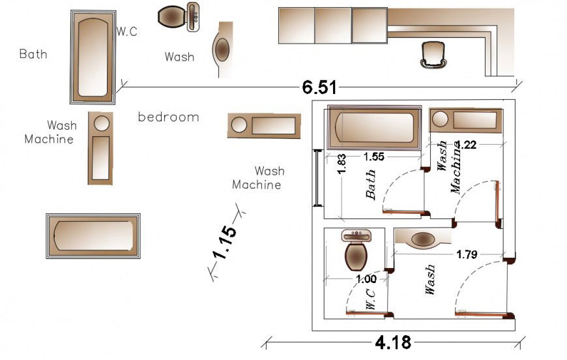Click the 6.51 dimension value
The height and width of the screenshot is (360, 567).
click(319, 87)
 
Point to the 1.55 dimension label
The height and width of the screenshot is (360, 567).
click(373, 157)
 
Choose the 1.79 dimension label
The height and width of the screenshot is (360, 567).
click(467, 254)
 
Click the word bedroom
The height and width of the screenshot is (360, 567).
click(168, 117)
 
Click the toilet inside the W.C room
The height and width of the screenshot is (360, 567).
click(356, 250)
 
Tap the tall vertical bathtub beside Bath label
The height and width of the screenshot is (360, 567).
click(93, 56)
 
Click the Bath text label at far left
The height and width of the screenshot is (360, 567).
click(33, 54)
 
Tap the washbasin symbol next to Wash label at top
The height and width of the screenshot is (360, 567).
click(222, 50)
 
